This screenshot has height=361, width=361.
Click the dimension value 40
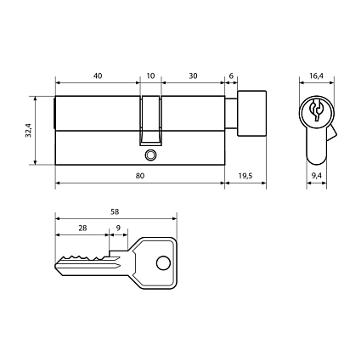[x=98, y=76]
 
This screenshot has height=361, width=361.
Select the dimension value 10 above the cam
[x=150, y=76]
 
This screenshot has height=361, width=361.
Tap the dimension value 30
[x=193, y=76]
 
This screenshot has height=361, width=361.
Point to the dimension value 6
[x=231, y=76]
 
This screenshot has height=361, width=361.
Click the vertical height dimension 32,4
[x=28, y=131]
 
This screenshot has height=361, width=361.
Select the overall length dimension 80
[x=139, y=175]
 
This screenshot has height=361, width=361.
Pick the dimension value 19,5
[x=245, y=175]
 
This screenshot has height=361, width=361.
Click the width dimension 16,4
[x=316, y=76]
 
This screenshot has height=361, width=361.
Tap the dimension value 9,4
[x=316, y=175]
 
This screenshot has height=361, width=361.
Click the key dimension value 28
[x=82, y=228]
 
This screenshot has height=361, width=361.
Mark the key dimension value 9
[x=117, y=228]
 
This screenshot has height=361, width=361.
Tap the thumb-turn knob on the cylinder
[x=251, y=114]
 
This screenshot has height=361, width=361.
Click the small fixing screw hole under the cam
[x=150, y=155]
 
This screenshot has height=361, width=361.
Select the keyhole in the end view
[x=315, y=112]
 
